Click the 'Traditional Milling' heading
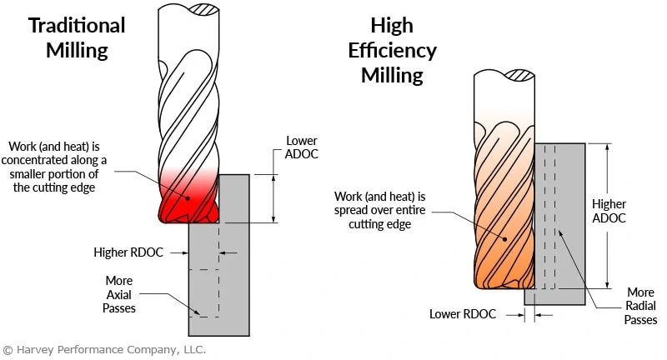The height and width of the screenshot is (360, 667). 77,37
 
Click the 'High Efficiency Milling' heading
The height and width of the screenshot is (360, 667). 392,50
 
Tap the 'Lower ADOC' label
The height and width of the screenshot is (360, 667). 301,148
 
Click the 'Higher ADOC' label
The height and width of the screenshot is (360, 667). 608,211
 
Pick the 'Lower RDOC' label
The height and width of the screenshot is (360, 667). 463,314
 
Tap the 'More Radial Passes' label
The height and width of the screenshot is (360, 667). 640,306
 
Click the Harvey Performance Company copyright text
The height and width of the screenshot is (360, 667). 104,349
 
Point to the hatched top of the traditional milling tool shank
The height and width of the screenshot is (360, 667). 204,9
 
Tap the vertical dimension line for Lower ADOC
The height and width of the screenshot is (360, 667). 274,198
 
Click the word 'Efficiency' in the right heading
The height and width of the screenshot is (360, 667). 392,50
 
